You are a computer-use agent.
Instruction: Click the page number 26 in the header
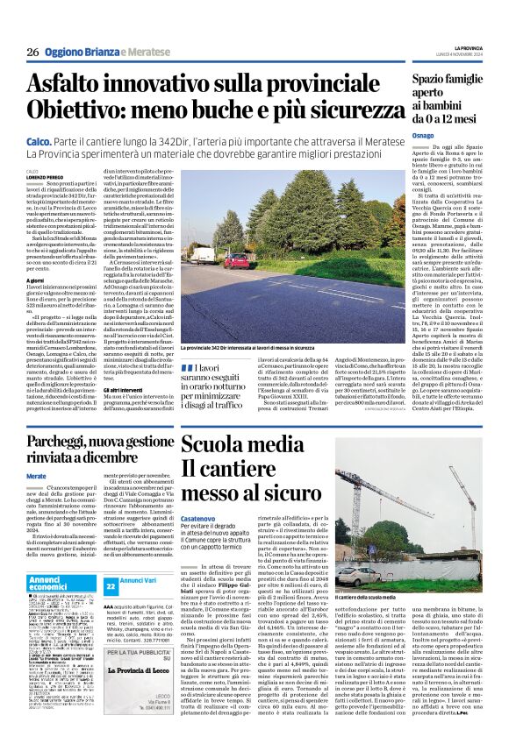click(x=32, y=53)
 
